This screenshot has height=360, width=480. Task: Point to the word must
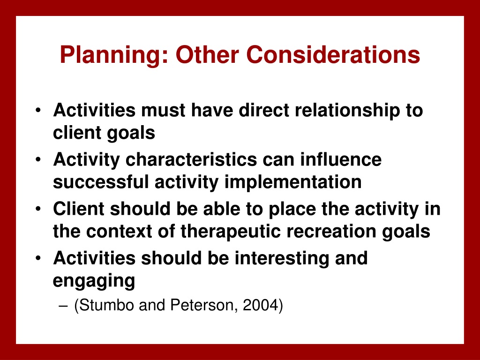tap(163, 111)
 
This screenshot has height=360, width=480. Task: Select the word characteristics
tap(191, 159)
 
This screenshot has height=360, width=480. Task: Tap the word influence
tap(341, 159)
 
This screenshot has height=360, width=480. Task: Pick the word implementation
tap(293, 182)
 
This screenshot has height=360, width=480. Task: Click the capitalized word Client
tap(79, 209)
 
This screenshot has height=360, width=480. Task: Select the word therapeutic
tap(231, 232)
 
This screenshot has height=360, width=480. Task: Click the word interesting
tap(281, 259)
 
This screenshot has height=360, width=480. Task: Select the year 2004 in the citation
tap(262, 305)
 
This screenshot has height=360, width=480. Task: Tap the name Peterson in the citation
tap(203, 305)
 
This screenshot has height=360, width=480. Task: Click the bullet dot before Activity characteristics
tap(38, 159)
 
